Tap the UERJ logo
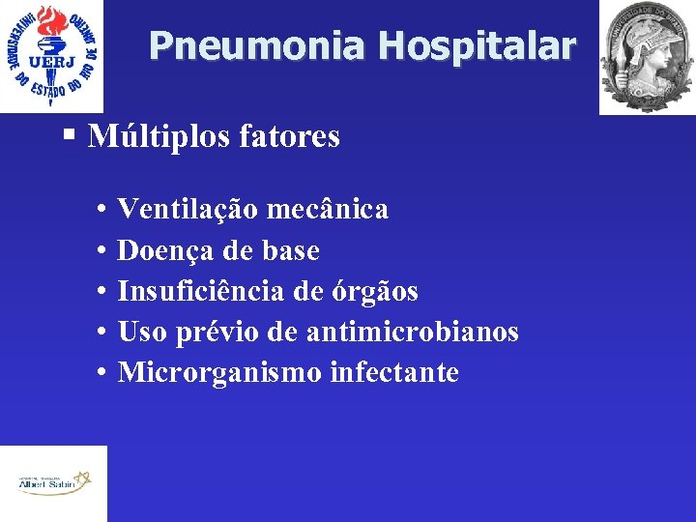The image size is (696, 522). [51, 56]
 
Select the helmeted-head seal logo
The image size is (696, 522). [646, 57]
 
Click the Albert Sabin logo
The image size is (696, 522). [53, 483]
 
